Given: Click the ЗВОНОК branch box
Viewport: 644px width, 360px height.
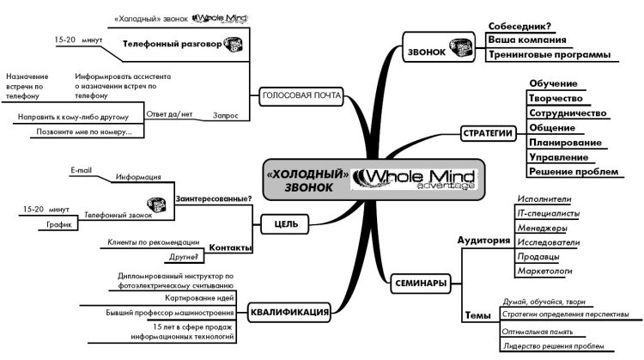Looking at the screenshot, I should (434, 51).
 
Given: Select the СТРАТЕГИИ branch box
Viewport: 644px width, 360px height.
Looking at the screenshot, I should (488, 133).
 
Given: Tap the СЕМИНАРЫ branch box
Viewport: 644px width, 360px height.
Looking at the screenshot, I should (420, 282).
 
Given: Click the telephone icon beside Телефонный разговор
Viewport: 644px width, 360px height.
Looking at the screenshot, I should (231, 42).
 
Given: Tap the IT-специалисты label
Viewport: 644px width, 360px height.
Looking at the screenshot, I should (548, 213).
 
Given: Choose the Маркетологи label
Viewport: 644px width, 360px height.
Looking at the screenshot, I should (544, 272).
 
